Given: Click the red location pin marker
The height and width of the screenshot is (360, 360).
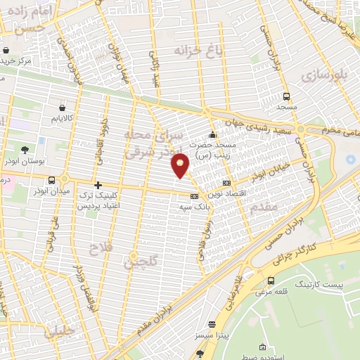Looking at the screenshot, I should coord(181,164).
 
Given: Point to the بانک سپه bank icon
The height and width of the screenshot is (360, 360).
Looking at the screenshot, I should coord(194,196).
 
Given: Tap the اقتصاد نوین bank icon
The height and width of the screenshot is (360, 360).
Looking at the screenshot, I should coord(225,184).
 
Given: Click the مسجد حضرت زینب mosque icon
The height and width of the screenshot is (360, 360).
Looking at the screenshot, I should coord(212,134).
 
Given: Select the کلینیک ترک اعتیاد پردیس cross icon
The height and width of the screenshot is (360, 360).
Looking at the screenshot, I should coord(98,185).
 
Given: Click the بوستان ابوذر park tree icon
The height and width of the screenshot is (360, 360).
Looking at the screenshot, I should coord(25,150).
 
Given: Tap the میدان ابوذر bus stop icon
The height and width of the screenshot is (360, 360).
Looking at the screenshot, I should coord(37,190).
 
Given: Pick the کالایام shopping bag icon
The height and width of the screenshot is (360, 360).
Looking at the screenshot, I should coord(64,108).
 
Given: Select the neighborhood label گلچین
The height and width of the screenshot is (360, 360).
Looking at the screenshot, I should coord(140,262).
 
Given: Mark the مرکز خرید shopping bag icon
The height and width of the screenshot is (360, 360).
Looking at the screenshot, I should coord(6,51).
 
